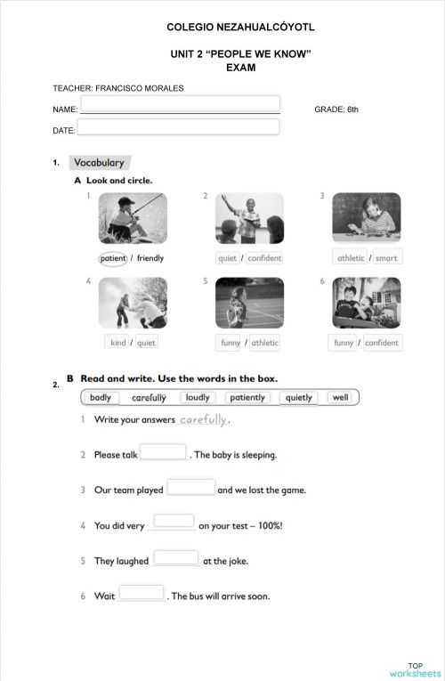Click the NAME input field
pyautogui.click(x=181, y=104)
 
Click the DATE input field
pyautogui.click(x=178, y=127)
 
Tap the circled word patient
pyautogui.click(x=113, y=258)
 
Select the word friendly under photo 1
pyautogui.click(x=150, y=258)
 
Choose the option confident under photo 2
pyautogui.click(x=264, y=258)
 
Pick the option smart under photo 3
pyautogui.click(x=386, y=258)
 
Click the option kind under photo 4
pyautogui.click(x=117, y=343)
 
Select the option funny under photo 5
pyautogui.click(x=230, y=343)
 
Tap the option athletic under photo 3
pyautogui.click(x=351, y=258)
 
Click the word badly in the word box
pyautogui.click(x=101, y=398)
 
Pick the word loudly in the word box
pyautogui.click(x=198, y=398)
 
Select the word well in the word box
pyautogui.click(x=341, y=398)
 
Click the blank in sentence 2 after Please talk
pyautogui.click(x=163, y=452)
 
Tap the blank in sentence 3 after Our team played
pyautogui.click(x=191, y=487)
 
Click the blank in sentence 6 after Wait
pyautogui.click(x=142, y=593)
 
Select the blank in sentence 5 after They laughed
pyautogui.click(x=175, y=558)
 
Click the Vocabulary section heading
pyautogui.click(x=99, y=163)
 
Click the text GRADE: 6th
pyautogui.click(x=336, y=109)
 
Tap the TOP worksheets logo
pyautogui.click(x=415, y=669)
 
